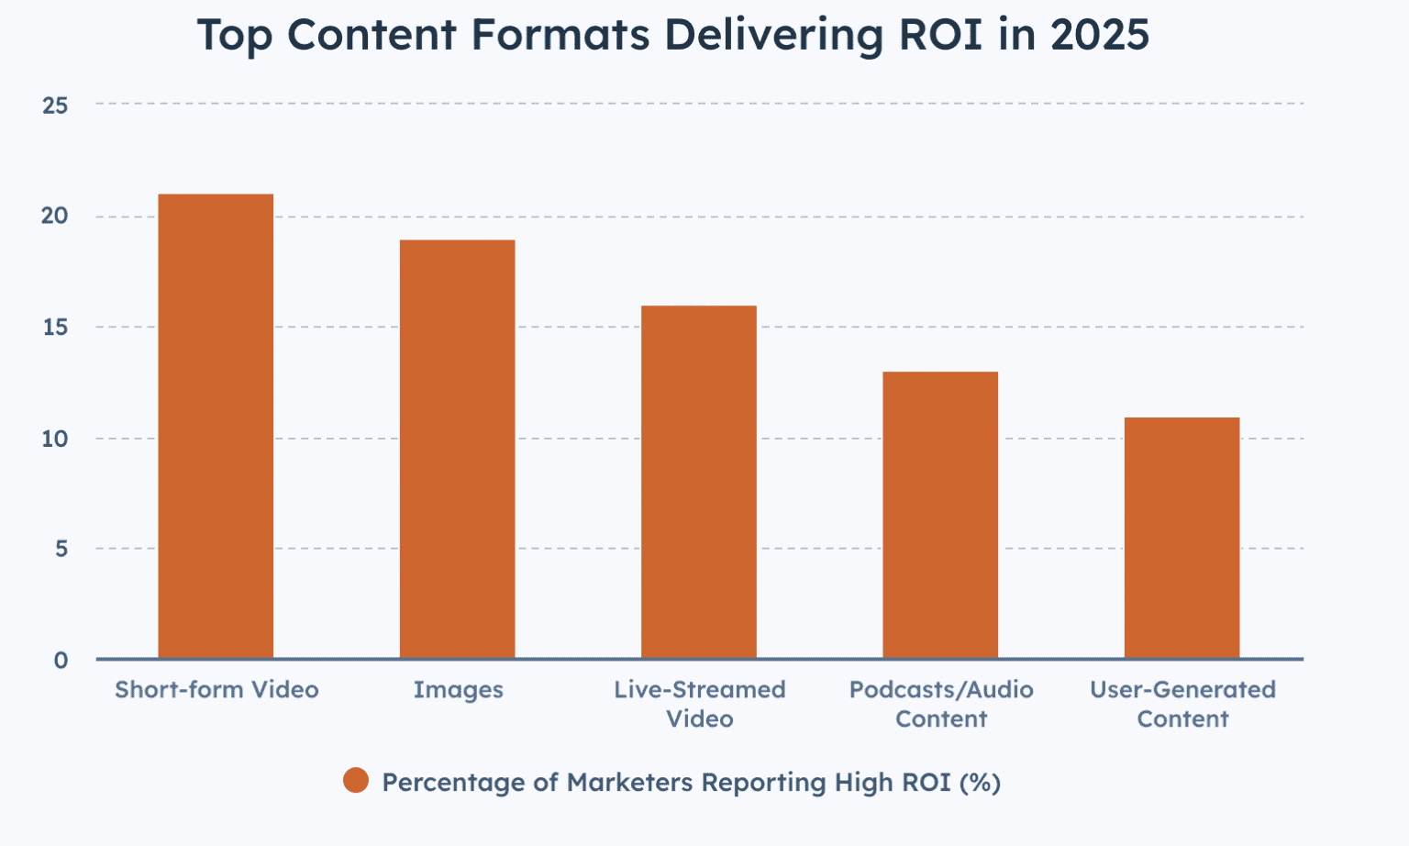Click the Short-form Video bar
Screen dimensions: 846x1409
216,427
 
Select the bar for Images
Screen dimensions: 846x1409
457,450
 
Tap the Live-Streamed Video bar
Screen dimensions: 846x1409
699,483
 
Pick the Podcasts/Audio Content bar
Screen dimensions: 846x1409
940,516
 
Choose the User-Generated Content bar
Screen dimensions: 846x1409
1182,539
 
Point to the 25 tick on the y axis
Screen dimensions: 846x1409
55,106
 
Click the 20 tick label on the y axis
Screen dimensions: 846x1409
55,217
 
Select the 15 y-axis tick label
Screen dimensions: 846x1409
55,328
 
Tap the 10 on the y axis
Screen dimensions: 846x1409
55,439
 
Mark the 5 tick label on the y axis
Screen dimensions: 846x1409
61,549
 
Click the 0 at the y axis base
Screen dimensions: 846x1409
61,661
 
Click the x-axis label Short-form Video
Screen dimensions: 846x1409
216,690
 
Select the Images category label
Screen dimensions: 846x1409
458,690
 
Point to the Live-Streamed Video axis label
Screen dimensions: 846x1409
700,704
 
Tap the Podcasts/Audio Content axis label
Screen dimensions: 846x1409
941,704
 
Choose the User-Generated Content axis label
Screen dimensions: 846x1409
1182,704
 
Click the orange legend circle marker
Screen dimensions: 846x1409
356,781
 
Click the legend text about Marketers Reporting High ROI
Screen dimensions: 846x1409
691,783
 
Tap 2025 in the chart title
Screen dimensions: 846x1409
1100,35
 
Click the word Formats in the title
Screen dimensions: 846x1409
560,35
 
